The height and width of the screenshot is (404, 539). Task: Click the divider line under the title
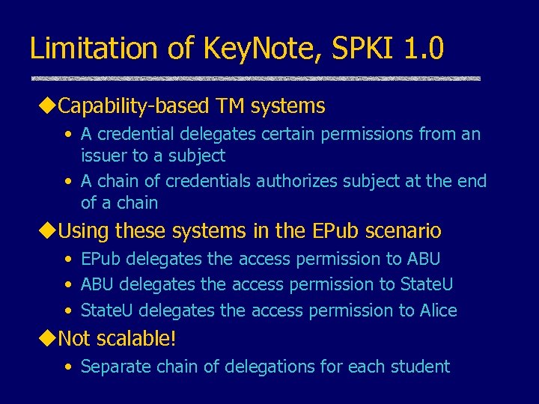coord(255,78)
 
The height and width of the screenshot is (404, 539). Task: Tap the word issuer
coord(103,156)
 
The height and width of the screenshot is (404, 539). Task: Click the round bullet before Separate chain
coord(68,367)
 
